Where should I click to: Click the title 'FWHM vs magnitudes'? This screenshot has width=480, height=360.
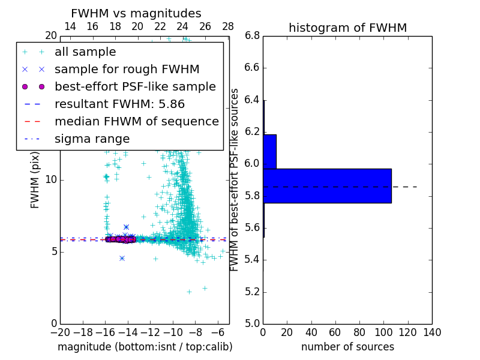click(136, 13)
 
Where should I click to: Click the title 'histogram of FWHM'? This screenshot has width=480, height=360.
click(347, 28)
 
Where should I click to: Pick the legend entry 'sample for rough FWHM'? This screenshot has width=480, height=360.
click(127, 70)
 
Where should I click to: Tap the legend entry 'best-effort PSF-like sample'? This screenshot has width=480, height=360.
click(135, 87)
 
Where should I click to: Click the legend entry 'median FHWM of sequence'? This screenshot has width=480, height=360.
click(136, 122)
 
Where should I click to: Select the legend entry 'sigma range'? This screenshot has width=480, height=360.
click(92, 139)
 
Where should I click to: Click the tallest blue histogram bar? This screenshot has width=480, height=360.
click(327, 185)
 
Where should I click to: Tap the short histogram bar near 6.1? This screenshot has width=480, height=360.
click(269, 151)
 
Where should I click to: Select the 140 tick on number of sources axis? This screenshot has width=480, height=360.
click(432, 332)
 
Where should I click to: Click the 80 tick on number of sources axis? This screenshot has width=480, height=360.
click(359, 332)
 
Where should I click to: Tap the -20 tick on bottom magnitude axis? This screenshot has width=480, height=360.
click(60, 332)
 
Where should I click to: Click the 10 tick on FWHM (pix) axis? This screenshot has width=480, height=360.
click(51, 179)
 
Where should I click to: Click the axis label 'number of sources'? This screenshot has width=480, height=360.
click(347, 347)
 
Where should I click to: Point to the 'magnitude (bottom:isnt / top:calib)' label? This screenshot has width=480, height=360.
click(145, 347)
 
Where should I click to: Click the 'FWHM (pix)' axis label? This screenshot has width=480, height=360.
click(35, 179)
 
